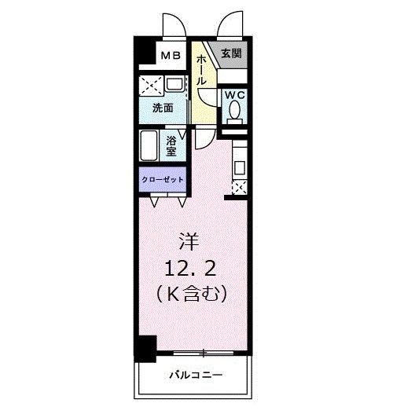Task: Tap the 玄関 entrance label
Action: coord(231,53)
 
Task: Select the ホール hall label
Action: coord(201,71)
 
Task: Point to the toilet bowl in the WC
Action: coord(234,113)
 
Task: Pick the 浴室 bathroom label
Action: coord(173,145)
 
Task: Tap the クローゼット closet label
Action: coord(163,180)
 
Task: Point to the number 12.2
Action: coord(193,269)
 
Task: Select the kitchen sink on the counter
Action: coord(240,167)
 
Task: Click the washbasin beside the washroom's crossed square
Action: coord(174,85)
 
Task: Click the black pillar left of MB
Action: coord(142,55)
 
